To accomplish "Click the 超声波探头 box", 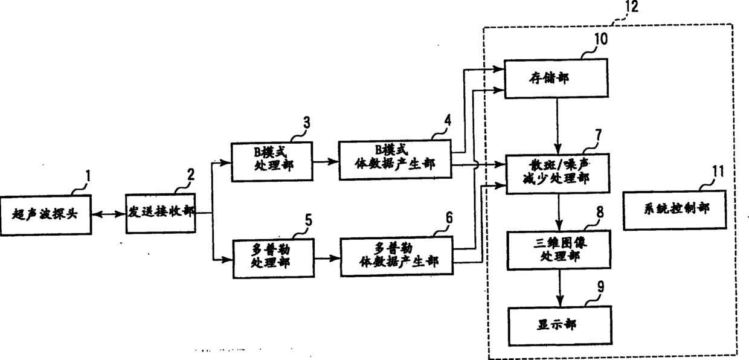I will click(x=46, y=213).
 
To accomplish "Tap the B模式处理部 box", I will click(x=272, y=161).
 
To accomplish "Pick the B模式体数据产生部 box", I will click(x=395, y=159).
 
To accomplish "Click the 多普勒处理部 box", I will click(x=272, y=259).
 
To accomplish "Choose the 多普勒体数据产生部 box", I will click(x=396, y=257).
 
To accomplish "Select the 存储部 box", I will click(x=557, y=79).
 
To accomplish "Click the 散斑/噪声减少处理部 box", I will click(x=558, y=173).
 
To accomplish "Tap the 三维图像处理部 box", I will click(x=559, y=251).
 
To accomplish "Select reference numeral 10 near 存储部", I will click(x=599, y=39).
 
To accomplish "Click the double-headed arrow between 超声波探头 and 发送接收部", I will click(x=108, y=213).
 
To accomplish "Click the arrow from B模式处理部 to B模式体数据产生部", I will click(x=326, y=162).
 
